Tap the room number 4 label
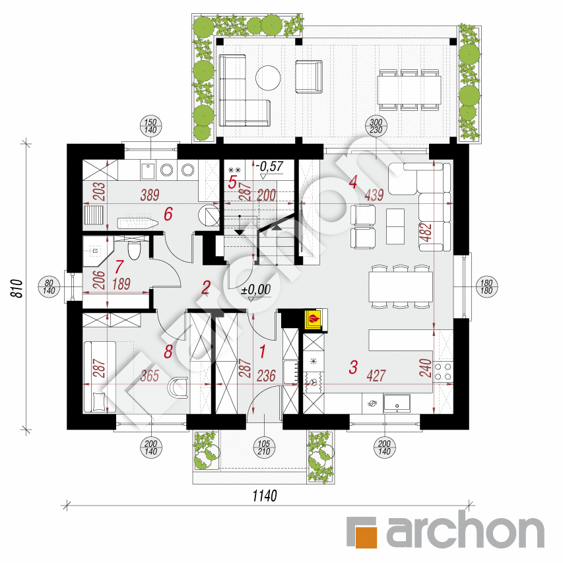click(x=353, y=182)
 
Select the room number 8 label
click(x=168, y=352)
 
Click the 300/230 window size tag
click(x=376, y=126)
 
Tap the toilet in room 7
click(x=135, y=251)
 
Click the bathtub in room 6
click(x=137, y=224)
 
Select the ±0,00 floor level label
click(x=256, y=288)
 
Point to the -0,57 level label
click(x=270, y=166)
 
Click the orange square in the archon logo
click(x=362, y=531)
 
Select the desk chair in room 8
click(x=178, y=387)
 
